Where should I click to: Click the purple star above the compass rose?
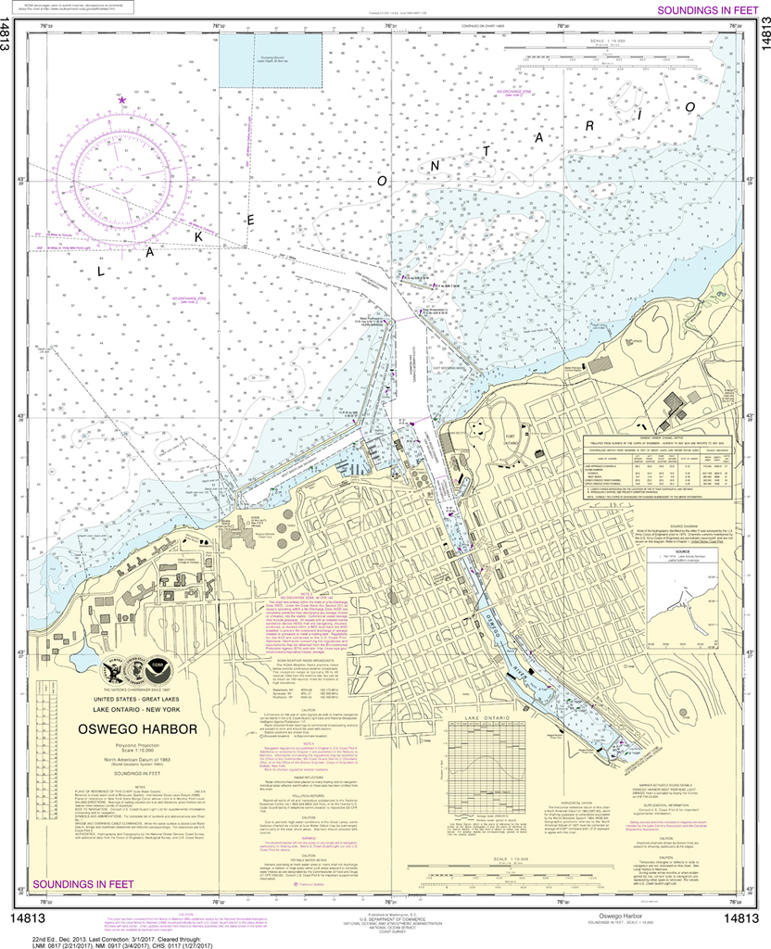pos(121,99)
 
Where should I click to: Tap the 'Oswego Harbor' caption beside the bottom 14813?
pos(615,919)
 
